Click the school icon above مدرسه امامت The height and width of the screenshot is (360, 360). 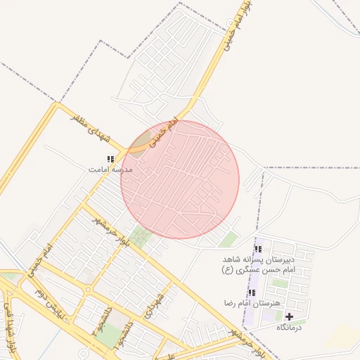110,159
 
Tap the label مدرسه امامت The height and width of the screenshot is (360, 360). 110,169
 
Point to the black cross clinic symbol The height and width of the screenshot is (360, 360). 289,316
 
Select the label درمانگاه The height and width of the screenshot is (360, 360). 289,327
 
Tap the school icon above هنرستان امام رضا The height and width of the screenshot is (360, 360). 251,292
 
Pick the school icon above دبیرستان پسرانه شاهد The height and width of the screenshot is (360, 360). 257,248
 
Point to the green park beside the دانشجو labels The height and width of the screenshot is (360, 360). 108,335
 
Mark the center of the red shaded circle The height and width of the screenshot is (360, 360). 180,179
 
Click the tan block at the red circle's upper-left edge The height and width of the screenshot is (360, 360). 141,141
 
